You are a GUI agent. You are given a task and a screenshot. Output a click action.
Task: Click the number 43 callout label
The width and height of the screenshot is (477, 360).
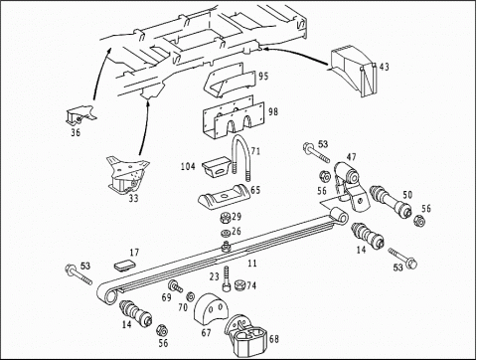coord(385,67)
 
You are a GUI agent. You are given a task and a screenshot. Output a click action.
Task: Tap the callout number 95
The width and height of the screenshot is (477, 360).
coord(263,77)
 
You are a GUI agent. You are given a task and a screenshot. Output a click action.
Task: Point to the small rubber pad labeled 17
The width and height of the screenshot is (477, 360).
coord(124,265)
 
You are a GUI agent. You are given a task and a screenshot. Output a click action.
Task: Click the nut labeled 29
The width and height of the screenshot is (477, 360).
coord(226,218)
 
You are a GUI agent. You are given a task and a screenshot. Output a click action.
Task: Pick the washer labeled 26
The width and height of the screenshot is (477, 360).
coord(226,233)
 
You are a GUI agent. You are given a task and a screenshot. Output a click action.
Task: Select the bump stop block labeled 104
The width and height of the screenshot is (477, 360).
coord(216,168)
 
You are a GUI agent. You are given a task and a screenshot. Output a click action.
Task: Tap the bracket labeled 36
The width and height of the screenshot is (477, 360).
coord(80,115)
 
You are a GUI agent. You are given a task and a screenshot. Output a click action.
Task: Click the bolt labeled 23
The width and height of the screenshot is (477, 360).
coord(226,279)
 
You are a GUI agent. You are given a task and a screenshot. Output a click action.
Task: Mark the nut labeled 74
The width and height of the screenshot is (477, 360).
coord(239,285)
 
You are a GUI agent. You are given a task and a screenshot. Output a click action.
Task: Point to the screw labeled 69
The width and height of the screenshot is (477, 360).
coord(175,286)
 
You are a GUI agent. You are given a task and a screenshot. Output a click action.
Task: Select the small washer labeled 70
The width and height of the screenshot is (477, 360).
coord(191,295)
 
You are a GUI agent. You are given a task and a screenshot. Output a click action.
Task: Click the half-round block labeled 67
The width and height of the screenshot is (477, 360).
coord(211,312)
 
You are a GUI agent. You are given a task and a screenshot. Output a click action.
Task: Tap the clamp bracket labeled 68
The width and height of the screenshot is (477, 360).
coord(246,336)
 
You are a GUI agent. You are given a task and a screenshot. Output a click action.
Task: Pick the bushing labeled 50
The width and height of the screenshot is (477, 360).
coord(391,202)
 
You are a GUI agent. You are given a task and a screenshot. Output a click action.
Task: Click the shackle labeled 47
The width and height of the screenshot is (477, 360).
coord(351,187)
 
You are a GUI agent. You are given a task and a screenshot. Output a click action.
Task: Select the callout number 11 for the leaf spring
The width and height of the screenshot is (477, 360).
coord(252,264)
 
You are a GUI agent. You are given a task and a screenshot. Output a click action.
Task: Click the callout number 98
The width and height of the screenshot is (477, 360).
coord(273,111)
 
